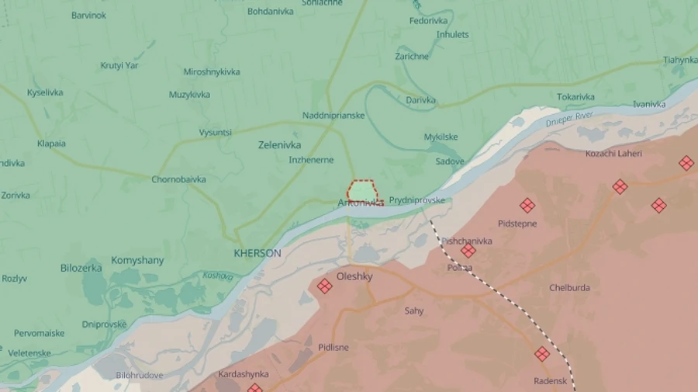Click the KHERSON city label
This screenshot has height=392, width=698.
[257, 253]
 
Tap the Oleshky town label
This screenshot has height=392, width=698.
[354, 276]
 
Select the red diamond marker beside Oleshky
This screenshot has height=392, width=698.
[324, 286]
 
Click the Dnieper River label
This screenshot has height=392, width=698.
[568, 120]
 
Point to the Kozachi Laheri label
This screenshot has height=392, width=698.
[613, 154]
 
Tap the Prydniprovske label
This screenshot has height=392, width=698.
[417, 200]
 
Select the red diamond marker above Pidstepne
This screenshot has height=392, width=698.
[527, 205]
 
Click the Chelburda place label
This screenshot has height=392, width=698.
[569, 288]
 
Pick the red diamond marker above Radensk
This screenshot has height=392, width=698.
[542, 354]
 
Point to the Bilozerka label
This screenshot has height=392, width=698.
[81, 268]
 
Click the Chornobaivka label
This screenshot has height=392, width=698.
[178, 179]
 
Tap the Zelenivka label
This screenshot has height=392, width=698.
[279, 145]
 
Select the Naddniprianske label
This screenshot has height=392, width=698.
[333, 116]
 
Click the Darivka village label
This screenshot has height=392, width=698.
[420, 100]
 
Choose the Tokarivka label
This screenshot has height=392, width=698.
[575, 97]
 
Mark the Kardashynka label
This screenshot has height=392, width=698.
[243, 374]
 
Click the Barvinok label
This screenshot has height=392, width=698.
[88, 16]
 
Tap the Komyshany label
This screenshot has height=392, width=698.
[137, 260]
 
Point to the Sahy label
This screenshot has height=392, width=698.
[414, 311]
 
